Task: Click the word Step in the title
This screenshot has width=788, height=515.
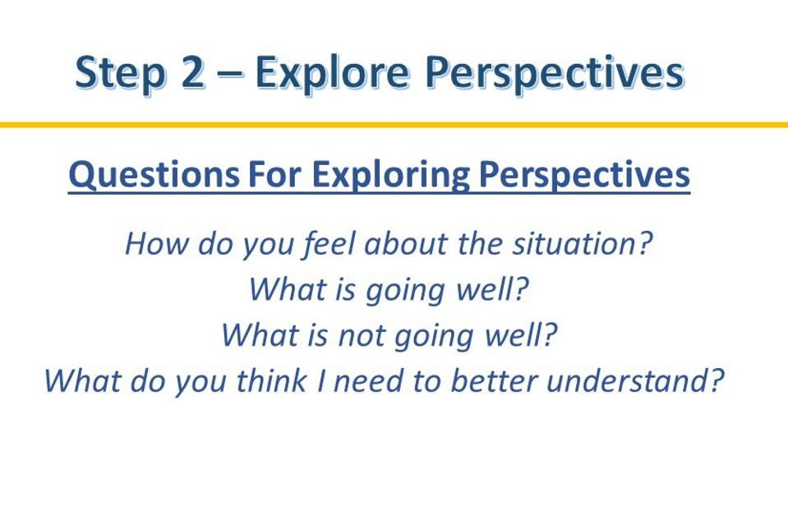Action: (120, 73)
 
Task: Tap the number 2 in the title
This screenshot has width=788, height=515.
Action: (192, 72)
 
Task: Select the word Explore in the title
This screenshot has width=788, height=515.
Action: (332, 73)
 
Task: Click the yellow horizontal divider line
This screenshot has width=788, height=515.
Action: (394, 125)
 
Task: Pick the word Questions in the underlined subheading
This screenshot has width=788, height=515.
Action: (154, 175)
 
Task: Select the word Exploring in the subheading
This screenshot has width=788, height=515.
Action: (390, 175)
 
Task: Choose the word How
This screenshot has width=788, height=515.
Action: (156, 244)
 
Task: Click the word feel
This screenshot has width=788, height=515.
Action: (329, 245)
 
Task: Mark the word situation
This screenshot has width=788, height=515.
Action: (582, 243)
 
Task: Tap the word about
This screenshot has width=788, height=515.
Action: (405, 243)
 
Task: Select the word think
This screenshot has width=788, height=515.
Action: (272, 380)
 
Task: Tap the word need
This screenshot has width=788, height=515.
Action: (369, 380)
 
